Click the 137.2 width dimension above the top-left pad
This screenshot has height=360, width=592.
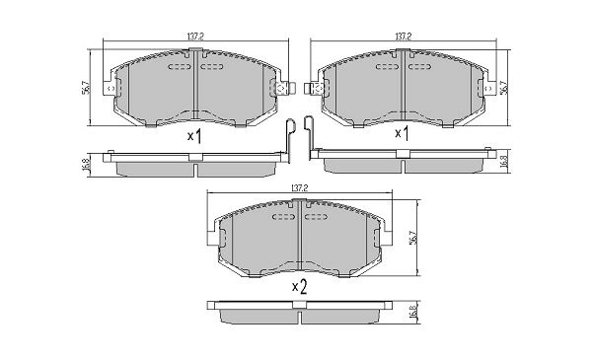(193, 36)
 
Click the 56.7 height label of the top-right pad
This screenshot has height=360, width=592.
(504, 88)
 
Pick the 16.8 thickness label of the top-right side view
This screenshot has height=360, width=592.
(504, 162)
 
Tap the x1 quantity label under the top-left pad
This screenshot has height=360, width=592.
(194, 137)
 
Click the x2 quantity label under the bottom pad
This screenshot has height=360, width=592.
(299, 287)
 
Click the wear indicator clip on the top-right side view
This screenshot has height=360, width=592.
(310, 138)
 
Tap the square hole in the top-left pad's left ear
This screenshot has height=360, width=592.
(110, 91)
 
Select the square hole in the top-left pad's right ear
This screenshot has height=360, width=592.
(280, 91)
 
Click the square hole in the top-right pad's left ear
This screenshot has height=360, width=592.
(318, 91)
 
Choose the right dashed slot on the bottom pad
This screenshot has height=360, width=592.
(316, 217)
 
